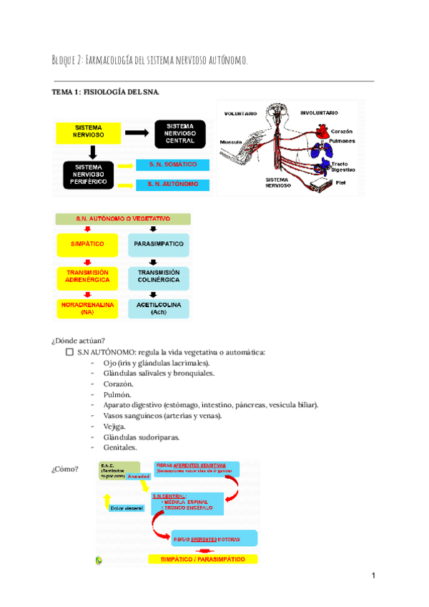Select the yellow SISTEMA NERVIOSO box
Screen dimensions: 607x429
pos(92,132)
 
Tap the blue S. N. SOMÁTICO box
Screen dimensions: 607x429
pos(174,165)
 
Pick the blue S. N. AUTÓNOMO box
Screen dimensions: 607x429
pos(174,185)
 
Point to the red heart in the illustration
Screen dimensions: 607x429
pos(322,132)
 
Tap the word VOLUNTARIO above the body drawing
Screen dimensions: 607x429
pos(241,113)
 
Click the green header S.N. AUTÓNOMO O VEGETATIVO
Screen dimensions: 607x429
pos(123,218)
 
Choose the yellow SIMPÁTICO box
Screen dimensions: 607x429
pos(87,244)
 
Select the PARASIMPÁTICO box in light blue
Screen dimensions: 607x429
pos(159,244)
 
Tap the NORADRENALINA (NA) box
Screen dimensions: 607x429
pos(87,308)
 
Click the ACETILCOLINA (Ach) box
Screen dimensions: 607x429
pos(159,308)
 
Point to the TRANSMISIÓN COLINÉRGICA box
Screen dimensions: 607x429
pos(159,277)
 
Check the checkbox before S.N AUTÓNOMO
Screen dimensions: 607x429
pos(69,353)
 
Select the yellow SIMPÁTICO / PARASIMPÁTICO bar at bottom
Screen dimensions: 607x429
pos(203,559)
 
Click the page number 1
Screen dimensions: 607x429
pos(373,576)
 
